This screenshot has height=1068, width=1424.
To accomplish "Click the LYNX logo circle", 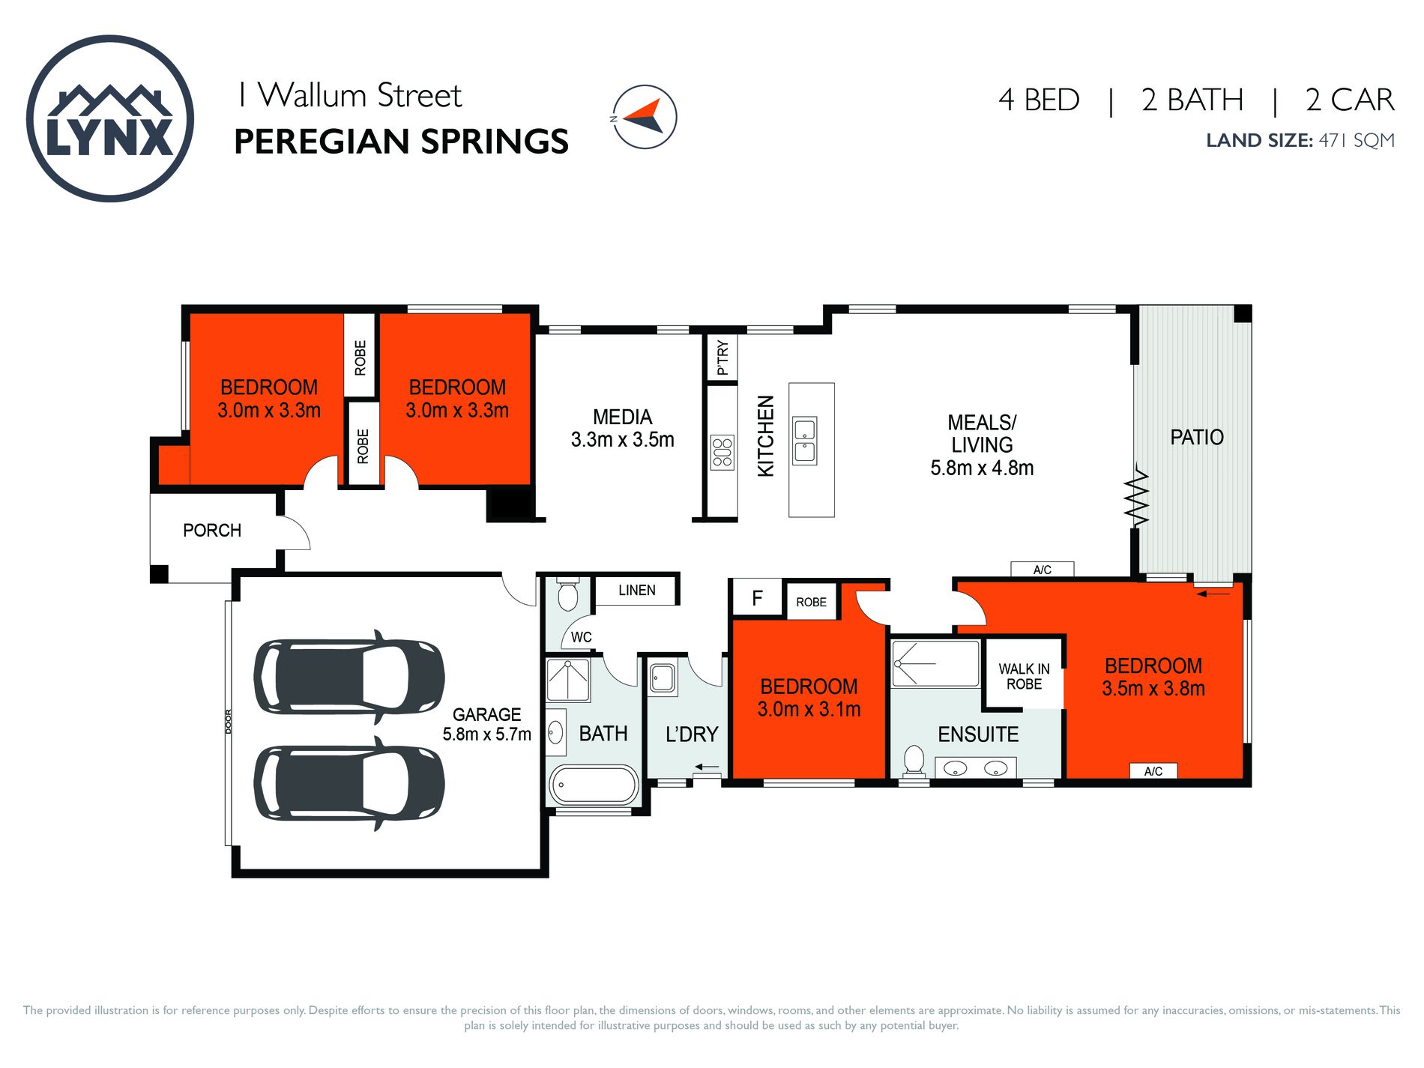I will pyautogui.click(x=110, y=118).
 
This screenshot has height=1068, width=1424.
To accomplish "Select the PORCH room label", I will pyautogui.click(x=212, y=531).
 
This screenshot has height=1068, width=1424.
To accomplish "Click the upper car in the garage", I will pyautogui.click(x=349, y=677).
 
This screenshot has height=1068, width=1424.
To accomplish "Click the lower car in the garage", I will pyautogui.click(x=349, y=783).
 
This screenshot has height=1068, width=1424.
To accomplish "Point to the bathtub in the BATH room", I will pyautogui.click(x=594, y=785).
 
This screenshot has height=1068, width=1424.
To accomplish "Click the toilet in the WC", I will pyautogui.click(x=568, y=596).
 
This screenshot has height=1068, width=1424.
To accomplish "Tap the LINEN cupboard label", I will pyautogui.click(x=637, y=591).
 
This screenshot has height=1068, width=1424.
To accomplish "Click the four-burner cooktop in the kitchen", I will pyautogui.click(x=722, y=453).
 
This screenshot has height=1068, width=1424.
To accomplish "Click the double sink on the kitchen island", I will pyautogui.click(x=805, y=441).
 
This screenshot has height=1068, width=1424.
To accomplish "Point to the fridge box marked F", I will pyautogui.click(x=757, y=598).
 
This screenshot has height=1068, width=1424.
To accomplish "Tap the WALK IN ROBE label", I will pyautogui.click(x=1024, y=676).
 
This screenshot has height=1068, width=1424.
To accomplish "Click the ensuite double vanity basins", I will pyautogui.click(x=975, y=768).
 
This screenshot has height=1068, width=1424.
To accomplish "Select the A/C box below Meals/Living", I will pyautogui.click(x=1042, y=570).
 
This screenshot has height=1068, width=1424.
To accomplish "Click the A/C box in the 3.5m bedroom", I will pyautogui.click(x=1153, y=771).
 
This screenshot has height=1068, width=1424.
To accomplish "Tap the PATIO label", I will pyautogui.click(x=1197, y=437).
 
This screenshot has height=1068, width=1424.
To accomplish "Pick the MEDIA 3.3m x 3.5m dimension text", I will pyautogui.click(x=622, y=440).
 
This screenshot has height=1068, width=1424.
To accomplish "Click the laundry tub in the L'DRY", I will pyautogui.click(x=663, y=678).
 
